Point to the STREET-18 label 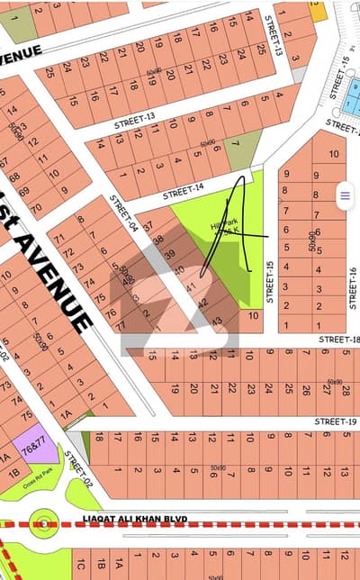343,339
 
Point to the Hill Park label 216,230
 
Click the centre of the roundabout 42,521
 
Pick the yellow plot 318,11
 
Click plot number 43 216,321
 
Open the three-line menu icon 344,194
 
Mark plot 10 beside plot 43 253,316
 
